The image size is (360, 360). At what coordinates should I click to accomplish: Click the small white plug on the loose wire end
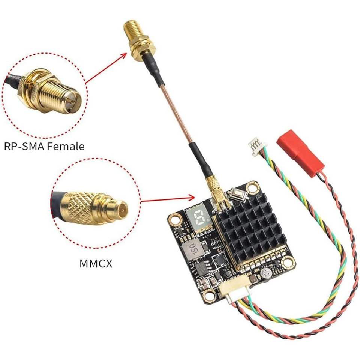pos(258,146)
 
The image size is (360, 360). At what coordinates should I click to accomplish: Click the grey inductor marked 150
pos(192,248)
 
